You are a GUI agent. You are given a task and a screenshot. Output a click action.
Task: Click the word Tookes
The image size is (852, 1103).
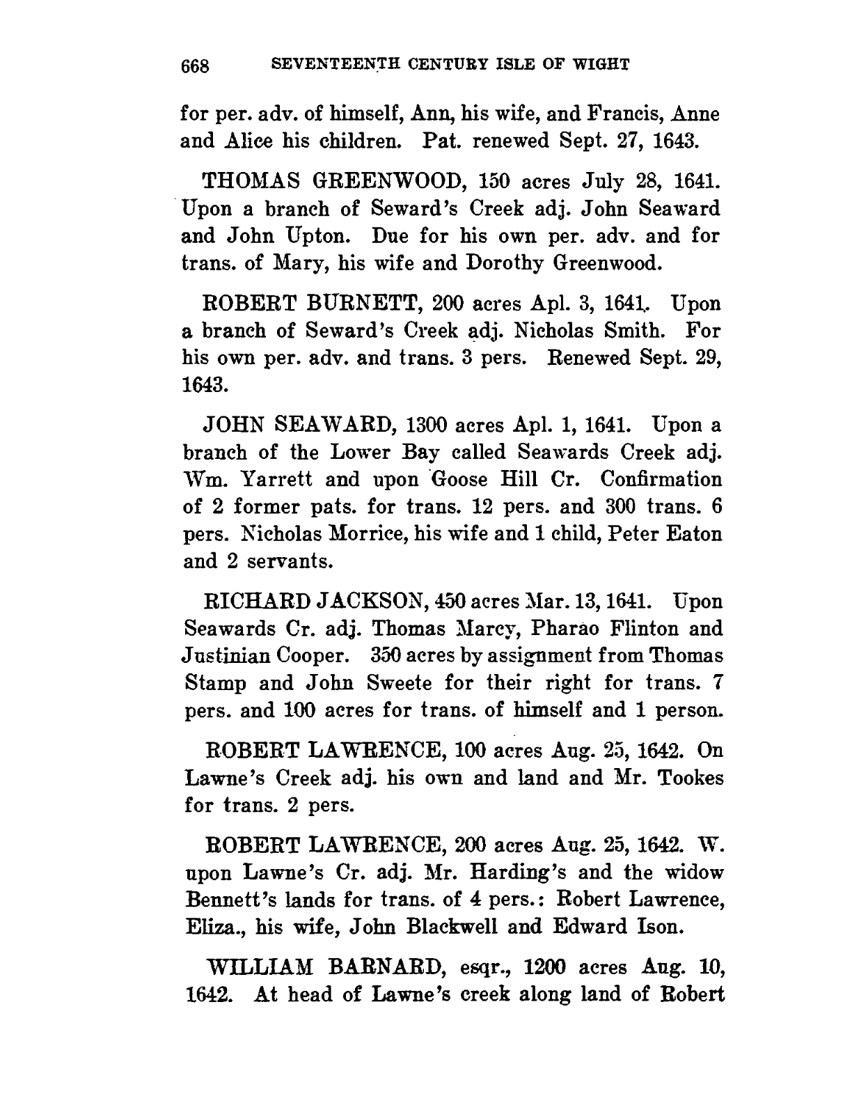[x=686, y=777]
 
